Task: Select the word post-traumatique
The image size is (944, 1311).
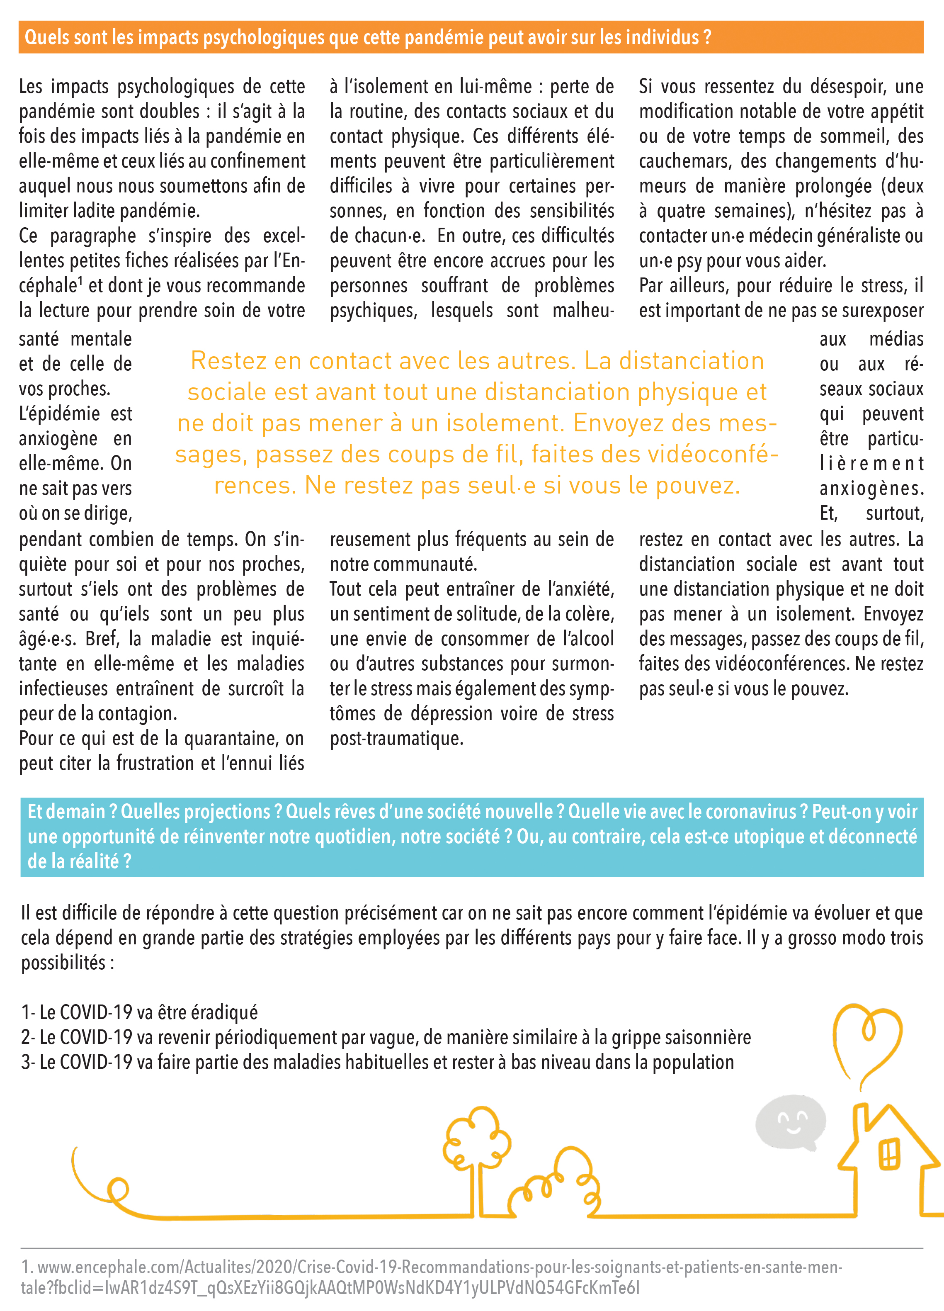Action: coord(396,739)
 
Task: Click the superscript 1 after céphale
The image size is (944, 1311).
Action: coord(81,281)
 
